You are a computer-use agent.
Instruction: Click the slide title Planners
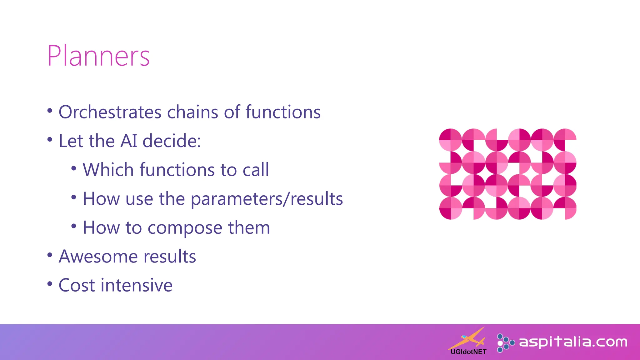98,56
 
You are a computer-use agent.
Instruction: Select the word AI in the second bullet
129,141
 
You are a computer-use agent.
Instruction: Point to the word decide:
172,141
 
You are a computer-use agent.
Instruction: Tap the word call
256,170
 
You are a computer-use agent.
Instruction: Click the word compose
185,228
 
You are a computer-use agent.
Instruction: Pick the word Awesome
98,257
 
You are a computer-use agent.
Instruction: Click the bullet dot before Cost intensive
50,284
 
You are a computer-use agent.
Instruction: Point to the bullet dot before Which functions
74,168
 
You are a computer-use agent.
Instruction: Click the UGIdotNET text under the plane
468,352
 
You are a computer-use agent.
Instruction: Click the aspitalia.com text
573,342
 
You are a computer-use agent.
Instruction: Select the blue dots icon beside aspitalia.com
505,343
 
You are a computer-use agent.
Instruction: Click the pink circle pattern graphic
507,174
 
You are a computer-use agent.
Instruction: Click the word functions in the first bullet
283,112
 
